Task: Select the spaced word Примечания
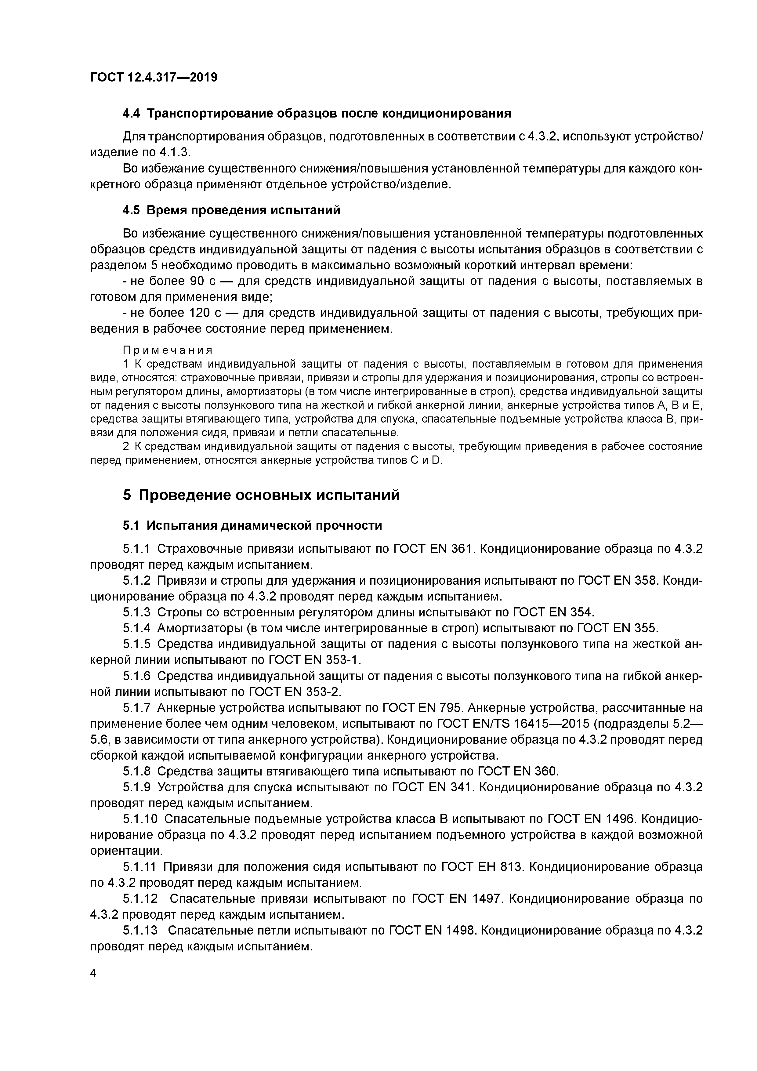[168, 350]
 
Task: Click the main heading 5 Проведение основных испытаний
[261, 495]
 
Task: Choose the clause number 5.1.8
[137, 771]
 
